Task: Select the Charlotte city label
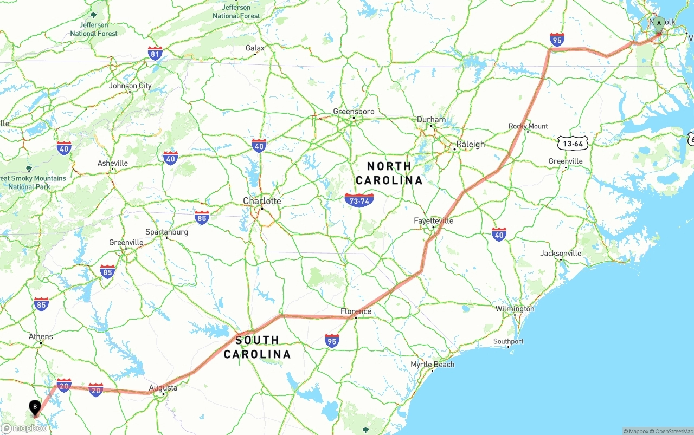[262, 201]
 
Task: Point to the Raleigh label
[470, 144]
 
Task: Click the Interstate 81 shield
[155, 53]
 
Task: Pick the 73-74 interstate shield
[359, 200]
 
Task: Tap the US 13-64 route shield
[573, 143]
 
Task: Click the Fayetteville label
[433, 220]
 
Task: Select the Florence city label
[356, 311]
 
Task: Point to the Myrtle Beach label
[432, 364]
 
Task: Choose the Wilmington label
[515, 309]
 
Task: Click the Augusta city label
[163, 388]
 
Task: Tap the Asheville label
[112, 163]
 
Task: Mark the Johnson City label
[130, 86]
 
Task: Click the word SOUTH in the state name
[257, 340]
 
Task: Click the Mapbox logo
[24, 428]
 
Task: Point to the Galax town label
[255, 48]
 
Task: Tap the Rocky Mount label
[528, 126]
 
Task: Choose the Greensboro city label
[354, 112]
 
